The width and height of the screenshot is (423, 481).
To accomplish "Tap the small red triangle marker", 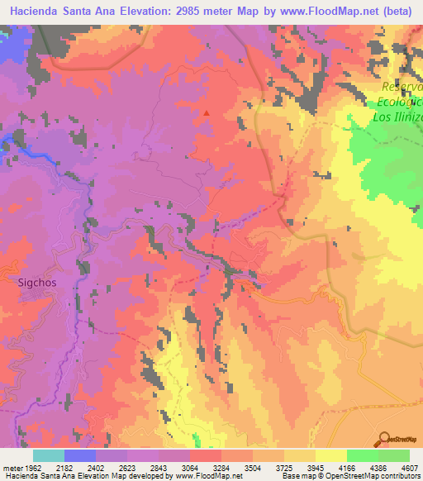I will (x=207, y=113).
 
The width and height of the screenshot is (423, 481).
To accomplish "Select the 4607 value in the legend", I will (x=410, y=467).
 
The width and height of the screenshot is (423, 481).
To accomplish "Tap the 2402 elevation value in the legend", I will (x=111, y=467).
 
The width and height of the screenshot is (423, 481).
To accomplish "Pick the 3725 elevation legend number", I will (x=300, y=467).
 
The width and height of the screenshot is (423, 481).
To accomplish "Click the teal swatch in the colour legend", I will (x=49, y=455).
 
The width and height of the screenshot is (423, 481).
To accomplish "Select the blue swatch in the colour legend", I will (x=80, y=455).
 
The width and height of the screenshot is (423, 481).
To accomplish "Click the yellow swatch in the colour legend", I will (x=331, y=455).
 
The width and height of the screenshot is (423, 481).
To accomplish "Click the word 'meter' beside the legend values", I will (x=12, y=467).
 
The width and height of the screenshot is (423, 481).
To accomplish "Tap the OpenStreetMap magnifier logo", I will (x=383, y=439).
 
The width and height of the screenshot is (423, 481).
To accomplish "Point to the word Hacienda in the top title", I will (x=36, y=12).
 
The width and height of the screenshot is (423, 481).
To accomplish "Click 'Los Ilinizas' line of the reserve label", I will (x=398, y=117).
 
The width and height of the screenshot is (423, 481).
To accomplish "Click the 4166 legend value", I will (x=363, y=467).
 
